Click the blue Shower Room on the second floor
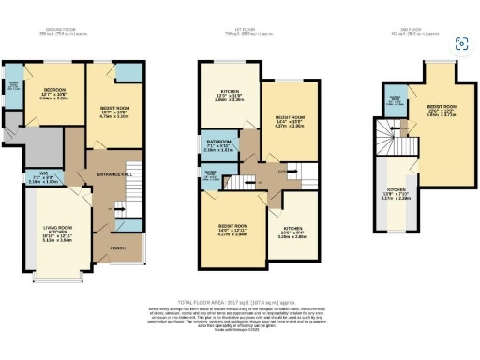pyautogui.click(x=395, y=101)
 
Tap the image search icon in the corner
pyautogui.click(x=460, y=44)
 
